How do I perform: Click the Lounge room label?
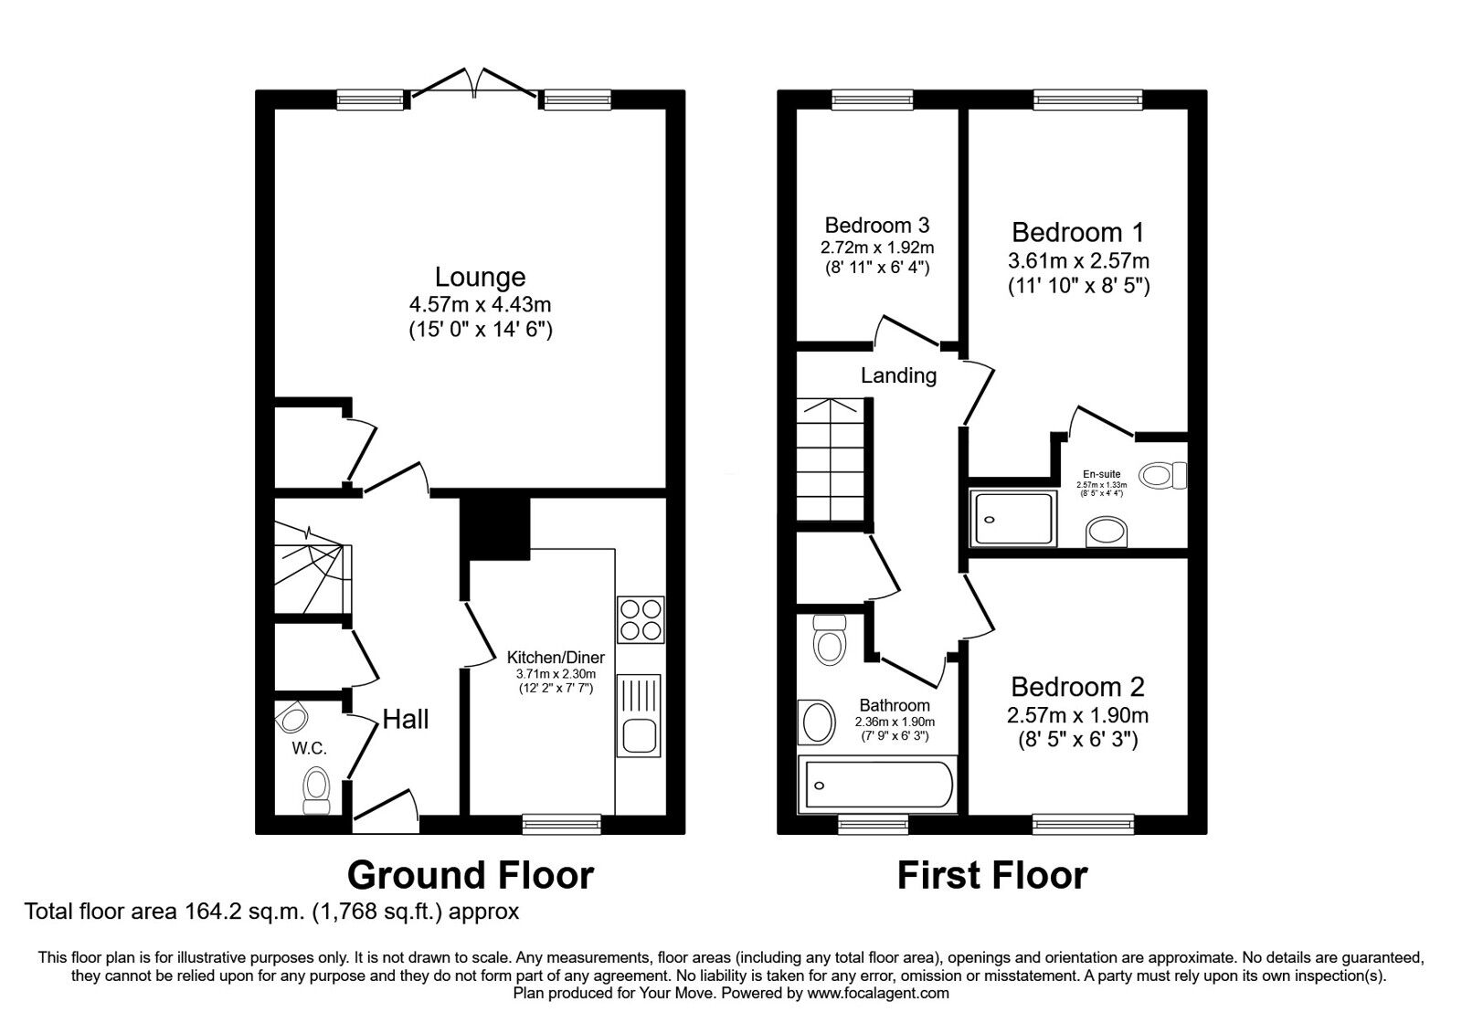coord(481,278)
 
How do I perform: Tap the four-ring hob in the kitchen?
coord(641,619)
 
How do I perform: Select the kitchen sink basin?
coord(639,736)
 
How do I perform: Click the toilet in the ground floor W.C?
coord(316,791)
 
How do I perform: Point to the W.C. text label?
coord(309,748)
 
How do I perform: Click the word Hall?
coord(406,719)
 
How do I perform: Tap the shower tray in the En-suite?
coord(1013,520)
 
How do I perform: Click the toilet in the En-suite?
coord(1163,474)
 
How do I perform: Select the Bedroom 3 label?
coord(876,225)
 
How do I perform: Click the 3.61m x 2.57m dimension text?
coord(1078,261)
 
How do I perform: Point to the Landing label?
coord(898,375)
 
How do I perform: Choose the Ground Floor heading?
coord(470,876)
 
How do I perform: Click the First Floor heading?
coord(992,876)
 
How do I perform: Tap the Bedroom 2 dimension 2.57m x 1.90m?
coord(1077,716)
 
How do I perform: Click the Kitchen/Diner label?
coord(556,658)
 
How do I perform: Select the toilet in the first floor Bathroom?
coord(830,639)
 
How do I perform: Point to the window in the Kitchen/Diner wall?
coord(561,824)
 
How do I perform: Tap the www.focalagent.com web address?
coord(878,994)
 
